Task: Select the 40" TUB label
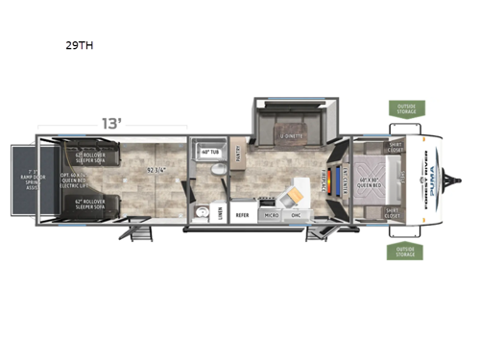211,152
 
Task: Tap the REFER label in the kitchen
242,215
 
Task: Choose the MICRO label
272,215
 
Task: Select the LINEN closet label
221,212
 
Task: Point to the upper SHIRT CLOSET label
395,148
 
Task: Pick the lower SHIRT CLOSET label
395,213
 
